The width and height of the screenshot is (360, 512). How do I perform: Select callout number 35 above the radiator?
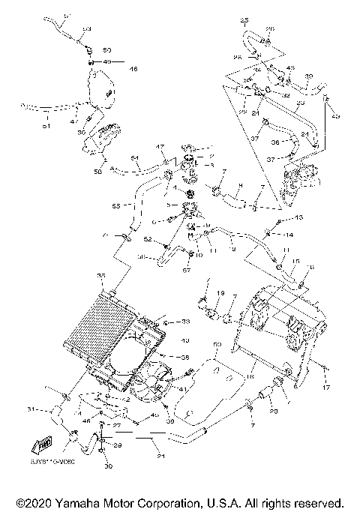(x=102, y=277)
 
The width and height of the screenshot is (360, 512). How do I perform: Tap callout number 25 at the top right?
(x=244, y=19)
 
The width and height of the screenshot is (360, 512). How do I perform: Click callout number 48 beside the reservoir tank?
(x=133, y=69)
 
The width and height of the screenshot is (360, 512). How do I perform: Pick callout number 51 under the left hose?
(x=46, y=127)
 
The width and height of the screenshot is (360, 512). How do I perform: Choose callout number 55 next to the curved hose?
(x=116, y=205)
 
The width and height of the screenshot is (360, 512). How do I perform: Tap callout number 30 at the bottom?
(x=108, y=466)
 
